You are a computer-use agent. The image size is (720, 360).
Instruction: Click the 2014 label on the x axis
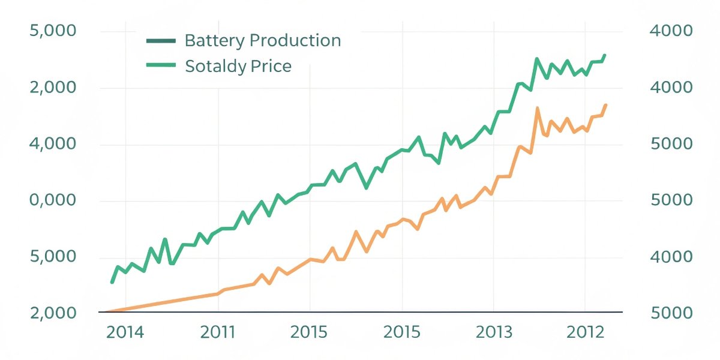coord(125,332)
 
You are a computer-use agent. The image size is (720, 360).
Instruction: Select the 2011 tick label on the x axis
coord(218,332)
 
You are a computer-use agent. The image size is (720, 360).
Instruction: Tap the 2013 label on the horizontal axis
coord(493,332)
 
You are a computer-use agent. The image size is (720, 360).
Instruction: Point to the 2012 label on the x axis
coord(585,332)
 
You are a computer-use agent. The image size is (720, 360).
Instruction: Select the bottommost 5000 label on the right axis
coord(671,313)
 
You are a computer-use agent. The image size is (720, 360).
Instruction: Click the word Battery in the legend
coord(214,41)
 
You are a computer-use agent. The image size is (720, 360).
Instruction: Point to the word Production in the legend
coord(295,41)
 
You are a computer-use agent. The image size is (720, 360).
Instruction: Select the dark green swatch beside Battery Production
coord(161,41)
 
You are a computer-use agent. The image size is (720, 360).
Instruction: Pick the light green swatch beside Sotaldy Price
coord(161,65)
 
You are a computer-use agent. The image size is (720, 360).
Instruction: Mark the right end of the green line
coord(605,55)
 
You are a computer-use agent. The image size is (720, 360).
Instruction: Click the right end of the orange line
coord(605,105)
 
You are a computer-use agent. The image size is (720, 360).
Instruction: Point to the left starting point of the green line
coord(112,282)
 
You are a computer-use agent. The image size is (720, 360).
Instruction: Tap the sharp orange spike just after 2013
coord(537,108)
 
